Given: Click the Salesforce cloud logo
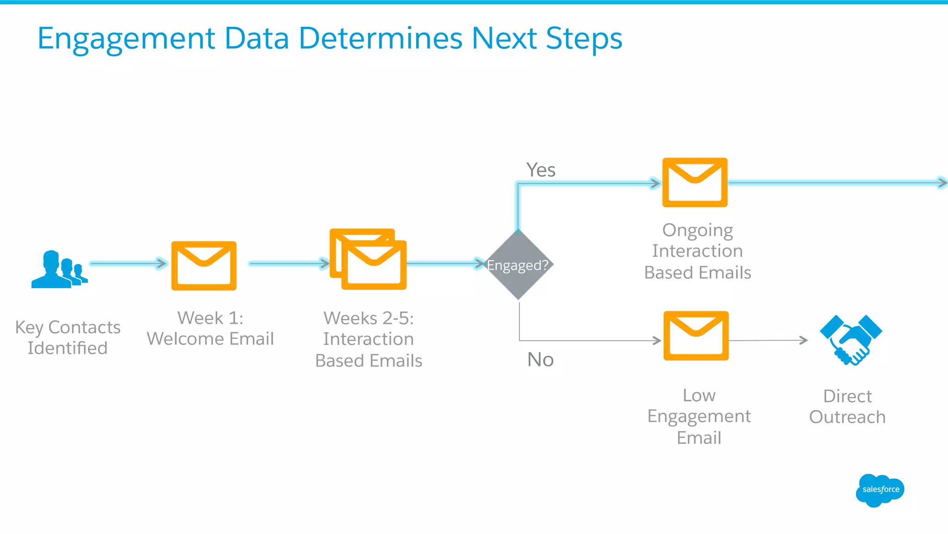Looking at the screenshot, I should point(879,490).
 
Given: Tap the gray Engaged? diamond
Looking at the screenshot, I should point(518,265).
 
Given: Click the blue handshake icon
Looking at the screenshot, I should point(851,340).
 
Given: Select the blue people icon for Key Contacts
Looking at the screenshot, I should point(59,270).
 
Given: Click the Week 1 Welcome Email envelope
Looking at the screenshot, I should point(204,266).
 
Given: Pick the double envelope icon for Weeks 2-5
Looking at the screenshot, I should point(368,259).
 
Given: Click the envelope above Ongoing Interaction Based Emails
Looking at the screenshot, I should point(695,182).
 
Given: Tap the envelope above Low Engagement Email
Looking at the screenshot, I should point(696,336).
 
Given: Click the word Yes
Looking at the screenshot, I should point(541,170).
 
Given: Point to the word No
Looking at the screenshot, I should point(540,359).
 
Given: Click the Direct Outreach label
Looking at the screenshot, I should point(847,407).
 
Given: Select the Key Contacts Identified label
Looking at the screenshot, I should point(68,338).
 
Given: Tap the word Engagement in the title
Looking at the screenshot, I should point(126,39).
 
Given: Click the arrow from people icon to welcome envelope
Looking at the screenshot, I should point(128,264).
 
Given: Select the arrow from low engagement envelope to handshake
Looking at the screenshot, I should point(768,340).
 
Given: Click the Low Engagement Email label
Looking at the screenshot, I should point(699,416).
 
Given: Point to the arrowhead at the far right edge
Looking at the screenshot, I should point(942,182).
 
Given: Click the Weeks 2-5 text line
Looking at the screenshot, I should point(368,318).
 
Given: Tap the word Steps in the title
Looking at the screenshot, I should point(584,39).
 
